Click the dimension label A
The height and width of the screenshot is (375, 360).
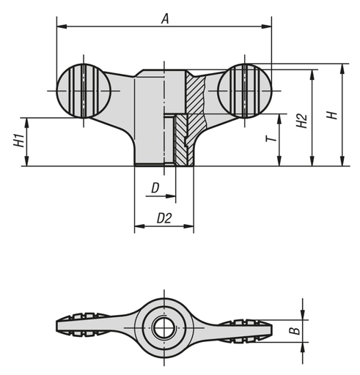click(x=165, y=21)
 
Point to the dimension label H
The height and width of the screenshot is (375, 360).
click(x=331, y=116)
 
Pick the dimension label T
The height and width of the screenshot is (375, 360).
click(x=271, y=139)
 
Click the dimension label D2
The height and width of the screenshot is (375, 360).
click(x=164, y=218)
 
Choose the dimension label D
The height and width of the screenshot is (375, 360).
click(x=154, y=188)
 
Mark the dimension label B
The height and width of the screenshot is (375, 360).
click(x=293, y=331)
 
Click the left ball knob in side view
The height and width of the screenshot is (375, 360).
click(x=83, y=90)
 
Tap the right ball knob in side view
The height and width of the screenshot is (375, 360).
click(x=246, y=90)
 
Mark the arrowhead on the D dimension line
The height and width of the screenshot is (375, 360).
click(x=172, y=197)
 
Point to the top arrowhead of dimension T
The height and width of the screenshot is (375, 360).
click(x=281, y=117)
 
